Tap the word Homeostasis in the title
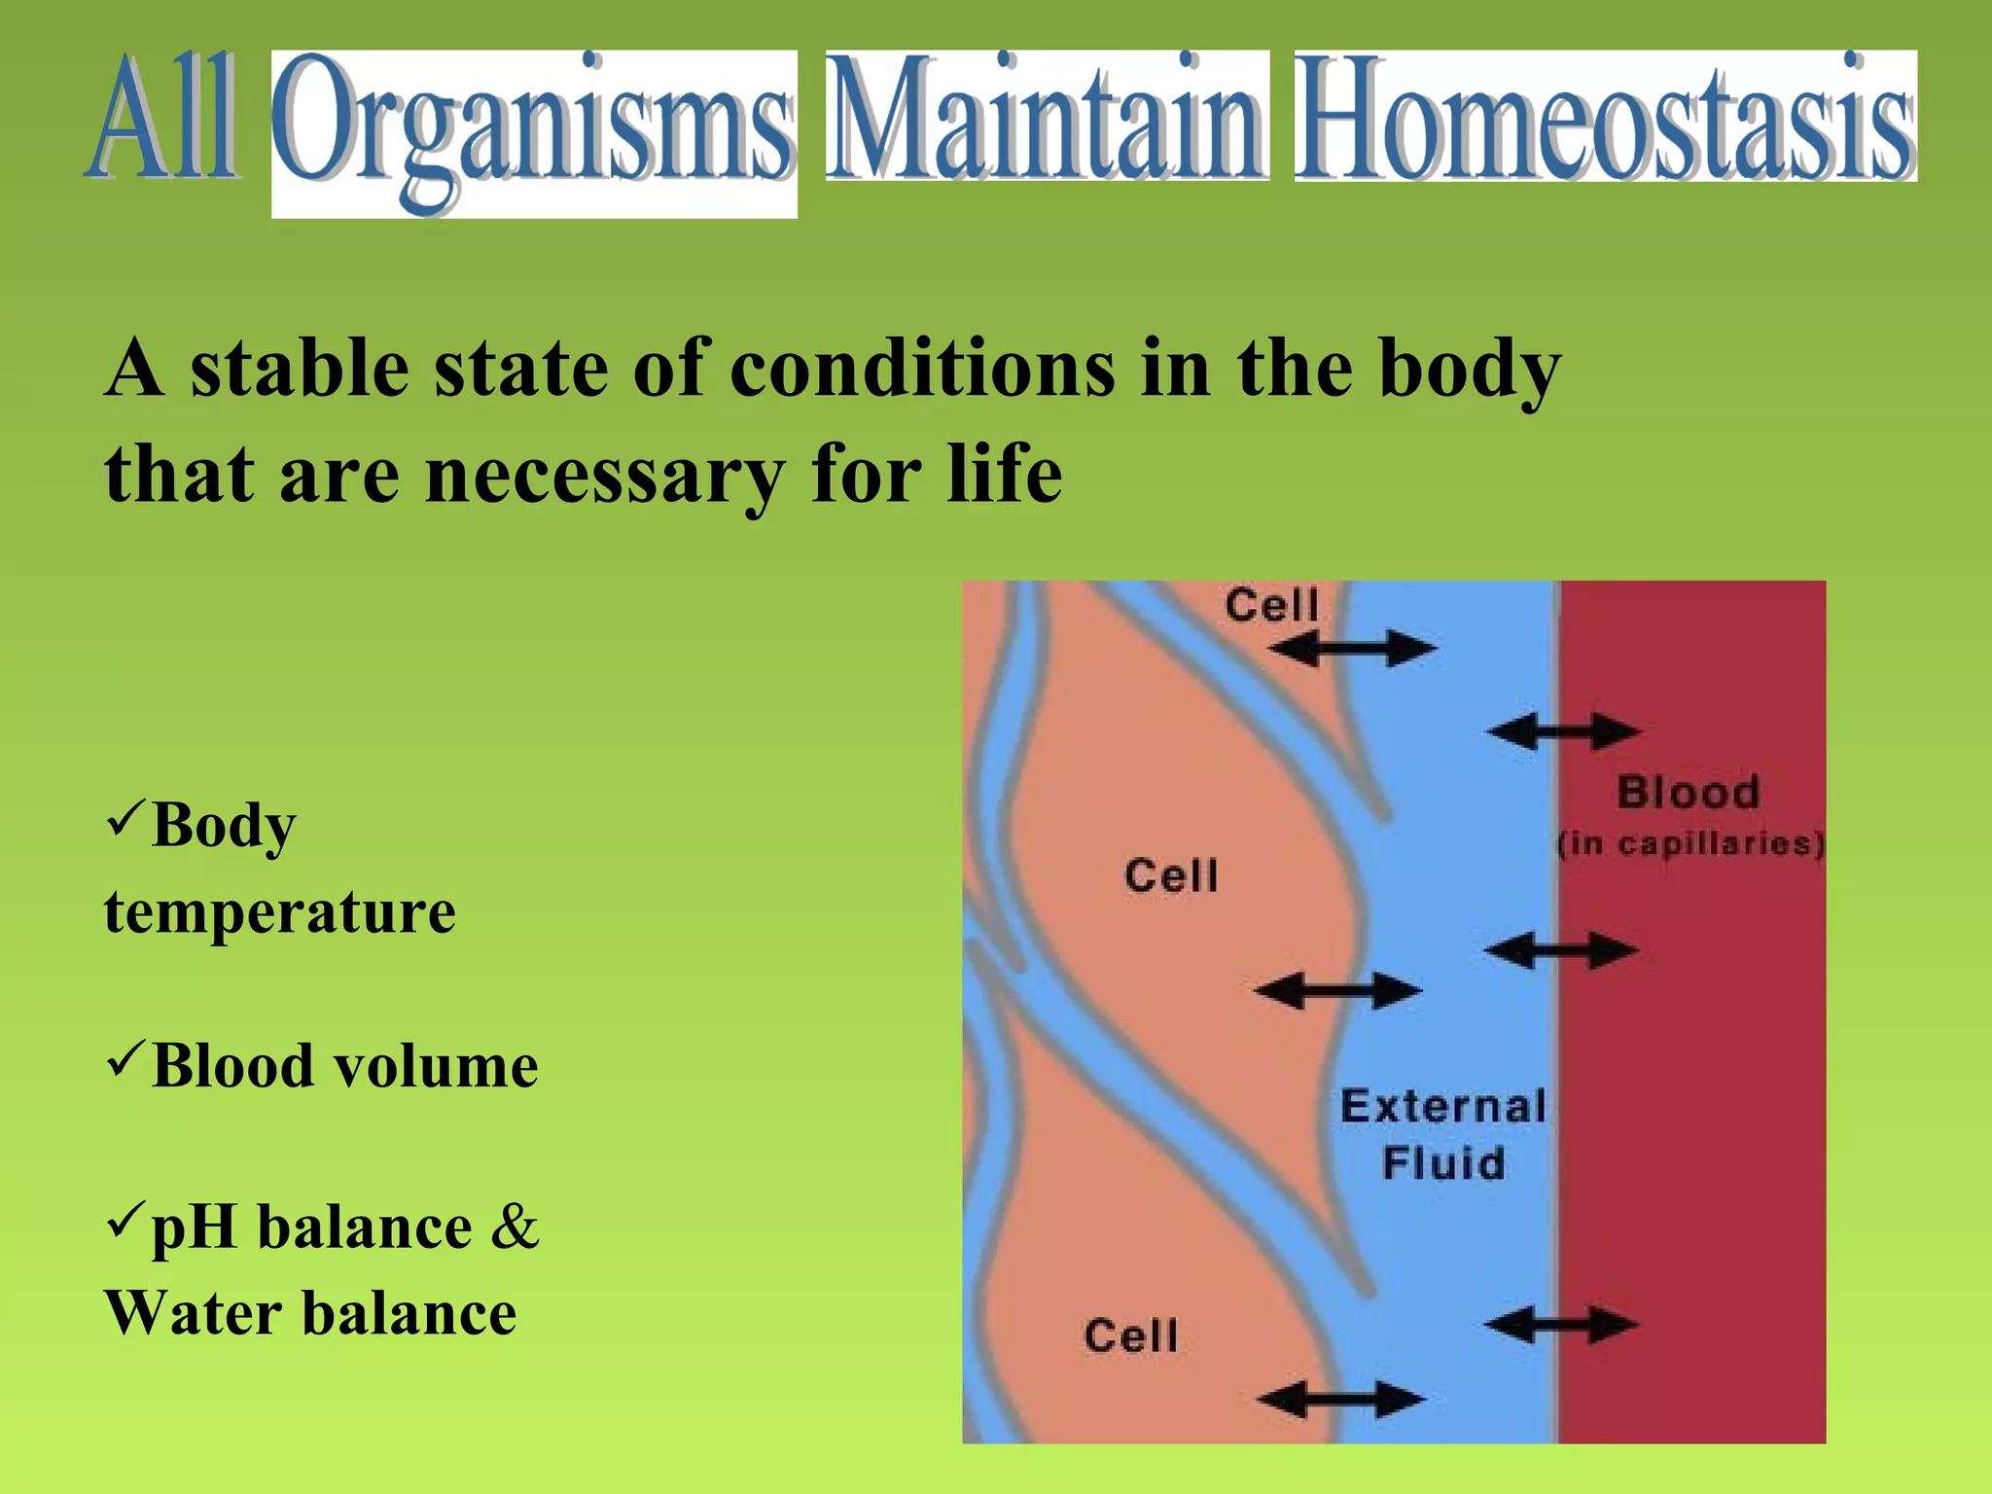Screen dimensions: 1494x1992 pyautogui.click(x=1605, y=117)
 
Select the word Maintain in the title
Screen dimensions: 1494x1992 pyautogui.click(x=1048, y=117)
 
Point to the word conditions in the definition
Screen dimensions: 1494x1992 pyautogui.click(x=922, y=370)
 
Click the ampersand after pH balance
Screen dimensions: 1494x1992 pyautogui.click(x=514, y=1227)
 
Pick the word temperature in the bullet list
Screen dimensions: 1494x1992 pyautogui.click(x=280, y=912)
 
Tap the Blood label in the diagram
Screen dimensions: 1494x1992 pyautogui.click(x=1689, y=792)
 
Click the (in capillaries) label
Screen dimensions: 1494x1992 pyautogui.click(x=1690, y=842)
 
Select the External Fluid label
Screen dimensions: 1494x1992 pyautogui.click(x=1443, y=1134)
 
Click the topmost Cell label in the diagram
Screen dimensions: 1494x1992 pyautogui.click(x=1271, y=606)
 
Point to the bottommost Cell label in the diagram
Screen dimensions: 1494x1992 pyautogui.click(x=1131, y=1335)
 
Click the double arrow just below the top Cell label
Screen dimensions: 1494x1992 pyautogui.click(x=1352, y=649)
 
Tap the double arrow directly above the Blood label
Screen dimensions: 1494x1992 pyautogui.click(x=1564, y=731)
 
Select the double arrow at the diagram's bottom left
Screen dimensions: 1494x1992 pyautogui.click(x=1340, y=1401)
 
